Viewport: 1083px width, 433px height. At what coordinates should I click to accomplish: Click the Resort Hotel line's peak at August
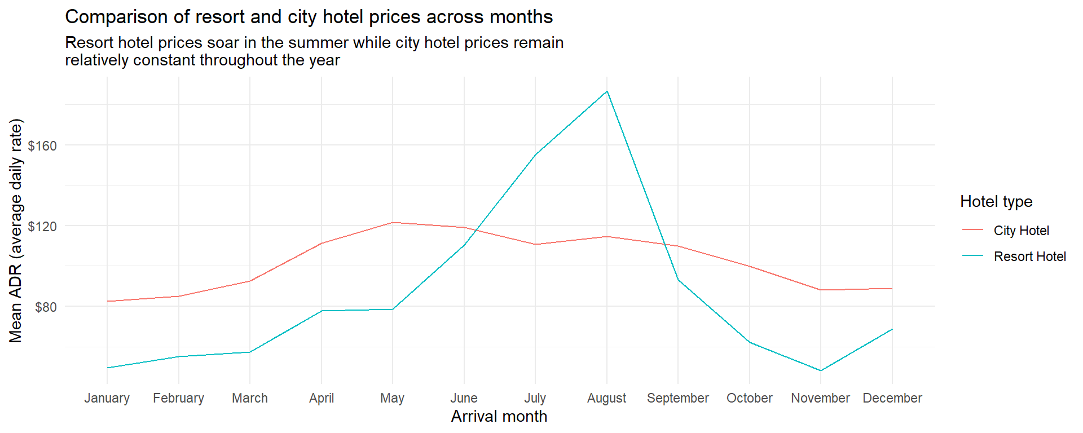tap(607, 91)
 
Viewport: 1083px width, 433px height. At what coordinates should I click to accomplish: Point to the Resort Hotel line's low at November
tap(821, 370)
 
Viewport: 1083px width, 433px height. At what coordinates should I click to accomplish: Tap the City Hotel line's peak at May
tap(393, 223)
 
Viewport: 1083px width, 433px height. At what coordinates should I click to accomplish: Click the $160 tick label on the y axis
tap(42, 146)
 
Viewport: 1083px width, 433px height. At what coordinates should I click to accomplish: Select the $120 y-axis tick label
tap(42, 227)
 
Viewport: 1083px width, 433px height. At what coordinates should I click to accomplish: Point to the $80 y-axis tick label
tap(46, 307)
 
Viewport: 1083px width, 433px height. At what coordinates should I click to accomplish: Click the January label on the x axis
tap(107, 398)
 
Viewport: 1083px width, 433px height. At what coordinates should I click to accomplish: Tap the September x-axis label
tap(678, 398)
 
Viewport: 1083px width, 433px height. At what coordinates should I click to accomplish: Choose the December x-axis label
tap(892, 398)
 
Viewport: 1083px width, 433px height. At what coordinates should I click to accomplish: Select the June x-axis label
tap(464, 398)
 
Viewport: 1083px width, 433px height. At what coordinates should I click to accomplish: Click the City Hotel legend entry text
tap(1021, 231)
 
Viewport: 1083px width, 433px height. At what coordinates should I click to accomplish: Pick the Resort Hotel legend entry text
tap(1029, 257)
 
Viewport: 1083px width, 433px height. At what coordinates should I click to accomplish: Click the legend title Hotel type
tap(996, 202)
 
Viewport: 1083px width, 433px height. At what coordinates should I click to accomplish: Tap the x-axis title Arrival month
tap(499, 417)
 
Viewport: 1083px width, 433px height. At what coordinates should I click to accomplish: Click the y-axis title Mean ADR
tap(16, 231)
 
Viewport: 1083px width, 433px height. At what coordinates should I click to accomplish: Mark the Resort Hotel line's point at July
tap(535, 154)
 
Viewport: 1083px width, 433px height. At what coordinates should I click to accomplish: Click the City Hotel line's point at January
tap(107, 301)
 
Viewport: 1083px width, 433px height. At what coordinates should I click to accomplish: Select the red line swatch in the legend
tap(972, 230)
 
